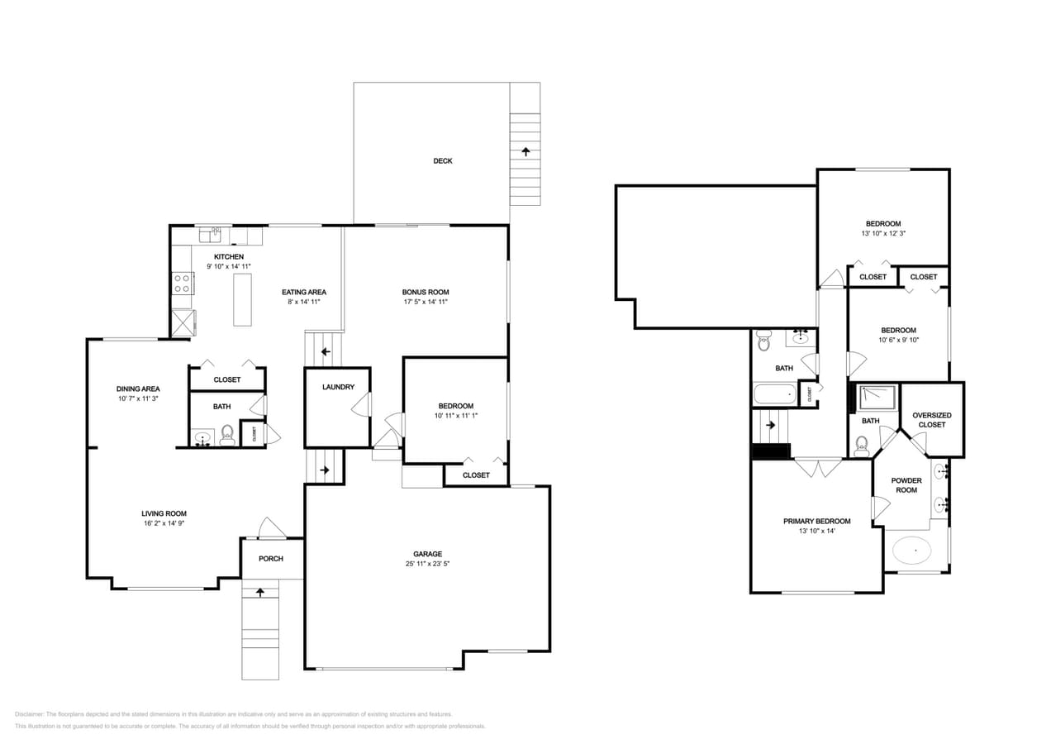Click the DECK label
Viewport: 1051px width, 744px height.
(x=443, y=161)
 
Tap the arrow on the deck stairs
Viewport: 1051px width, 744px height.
(x=525, y=151)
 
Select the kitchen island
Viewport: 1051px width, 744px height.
(x=242, y=299)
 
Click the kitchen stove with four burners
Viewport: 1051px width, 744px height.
(x=182, y=284)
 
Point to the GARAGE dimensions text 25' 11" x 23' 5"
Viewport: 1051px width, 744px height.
(x=427, y=564)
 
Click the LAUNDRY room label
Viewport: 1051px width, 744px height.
(x=338, y=387)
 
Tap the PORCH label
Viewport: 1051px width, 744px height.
(x=271, y=559)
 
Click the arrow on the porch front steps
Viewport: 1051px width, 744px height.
(x=260, y=592)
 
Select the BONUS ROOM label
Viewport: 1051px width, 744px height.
(x=426, y=292)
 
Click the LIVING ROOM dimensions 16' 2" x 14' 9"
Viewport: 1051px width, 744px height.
(x=164, y=523)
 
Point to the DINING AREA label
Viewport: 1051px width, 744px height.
(x=138, y=389)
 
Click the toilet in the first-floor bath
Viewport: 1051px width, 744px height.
(x=227, y=435)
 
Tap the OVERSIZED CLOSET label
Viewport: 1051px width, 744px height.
(x=931, y=420)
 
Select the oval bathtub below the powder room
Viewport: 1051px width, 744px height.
(x=913, y=549)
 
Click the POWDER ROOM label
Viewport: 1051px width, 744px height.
(x=906, y=485)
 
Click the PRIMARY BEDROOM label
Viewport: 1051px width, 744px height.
(x=816, y=521)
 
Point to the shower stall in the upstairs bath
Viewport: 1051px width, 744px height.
(x=877, y=398)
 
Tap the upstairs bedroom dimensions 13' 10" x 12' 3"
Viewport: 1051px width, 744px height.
(x=883, y=233)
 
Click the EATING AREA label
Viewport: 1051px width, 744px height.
(x=304, y=292)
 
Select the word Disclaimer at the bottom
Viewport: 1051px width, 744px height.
(x=29, y=713)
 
